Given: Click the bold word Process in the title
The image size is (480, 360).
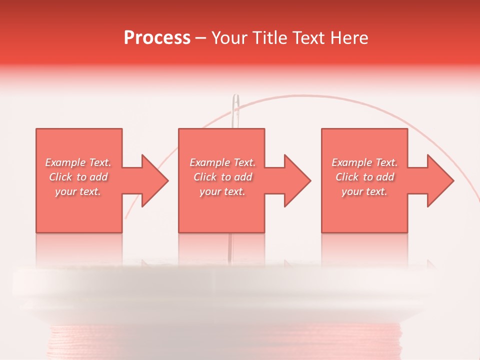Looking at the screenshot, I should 157,38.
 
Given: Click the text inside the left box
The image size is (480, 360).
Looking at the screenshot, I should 78,177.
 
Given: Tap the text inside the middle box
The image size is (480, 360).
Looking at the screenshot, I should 222,177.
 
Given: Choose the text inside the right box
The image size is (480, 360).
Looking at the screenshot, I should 364,177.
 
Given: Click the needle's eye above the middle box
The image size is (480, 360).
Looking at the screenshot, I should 235,107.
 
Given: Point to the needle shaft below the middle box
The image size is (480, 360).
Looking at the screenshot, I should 230,247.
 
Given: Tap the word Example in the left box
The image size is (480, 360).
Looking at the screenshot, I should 65,162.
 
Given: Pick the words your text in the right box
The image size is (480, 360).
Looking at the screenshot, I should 364,191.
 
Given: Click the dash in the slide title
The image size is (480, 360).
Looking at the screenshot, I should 201,38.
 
